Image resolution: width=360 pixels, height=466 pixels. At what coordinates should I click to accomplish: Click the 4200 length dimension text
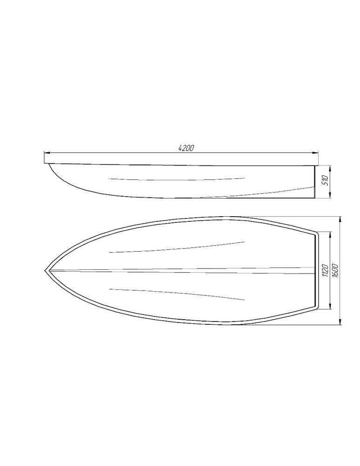tap(186, 148)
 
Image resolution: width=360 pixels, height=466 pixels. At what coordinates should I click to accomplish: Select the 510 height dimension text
tap(325, 180)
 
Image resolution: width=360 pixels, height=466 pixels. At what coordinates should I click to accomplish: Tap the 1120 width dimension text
tap(325, 271)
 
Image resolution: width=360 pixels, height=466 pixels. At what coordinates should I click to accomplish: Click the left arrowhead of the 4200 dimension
tap(46, 153)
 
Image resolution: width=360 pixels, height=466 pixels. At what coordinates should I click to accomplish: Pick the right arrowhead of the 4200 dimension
tap(316, 153)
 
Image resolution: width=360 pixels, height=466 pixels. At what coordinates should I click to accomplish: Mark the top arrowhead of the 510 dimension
tap(330, 168)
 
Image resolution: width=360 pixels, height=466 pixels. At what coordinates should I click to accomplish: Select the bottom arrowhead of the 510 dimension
tap(330, 195)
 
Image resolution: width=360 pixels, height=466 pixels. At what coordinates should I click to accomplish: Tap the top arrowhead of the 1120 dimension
tap(329, 235)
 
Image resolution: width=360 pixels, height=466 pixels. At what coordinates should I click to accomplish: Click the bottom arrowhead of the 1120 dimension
tap(329, 307)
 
